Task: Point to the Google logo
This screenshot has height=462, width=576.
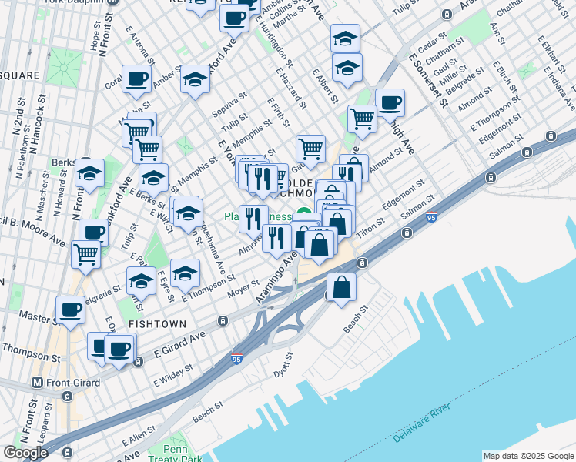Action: point(25,453)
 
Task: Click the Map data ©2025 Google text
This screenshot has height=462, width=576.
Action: point(527,456)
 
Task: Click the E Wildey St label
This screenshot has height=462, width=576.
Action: point(174,376)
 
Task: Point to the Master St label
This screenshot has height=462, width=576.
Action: point(34,316)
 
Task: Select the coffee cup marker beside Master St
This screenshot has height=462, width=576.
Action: point(71,310)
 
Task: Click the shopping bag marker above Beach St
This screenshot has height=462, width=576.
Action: point(341,287)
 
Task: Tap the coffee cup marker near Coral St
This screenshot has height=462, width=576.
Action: point(136,79)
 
